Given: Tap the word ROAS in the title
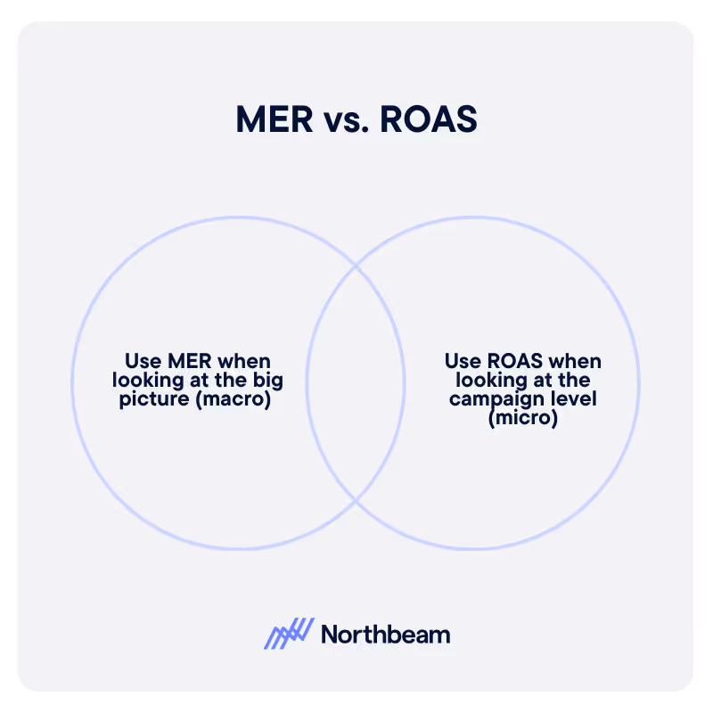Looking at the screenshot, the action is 429,120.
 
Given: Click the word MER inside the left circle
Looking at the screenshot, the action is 188,362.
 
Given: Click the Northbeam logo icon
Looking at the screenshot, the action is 289,634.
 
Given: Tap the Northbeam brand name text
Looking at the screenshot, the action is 385,635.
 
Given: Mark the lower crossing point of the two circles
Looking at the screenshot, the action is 356,501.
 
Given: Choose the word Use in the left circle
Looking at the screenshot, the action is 143,362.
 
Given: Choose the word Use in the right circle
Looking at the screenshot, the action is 463,362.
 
